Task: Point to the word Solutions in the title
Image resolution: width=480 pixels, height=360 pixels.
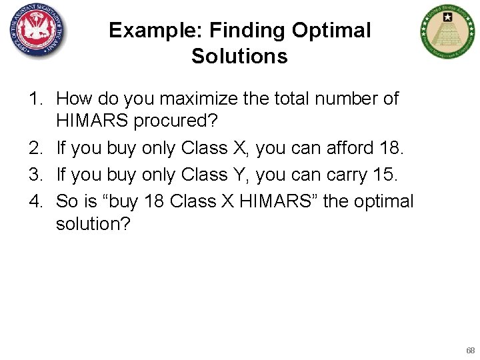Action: [239, 56]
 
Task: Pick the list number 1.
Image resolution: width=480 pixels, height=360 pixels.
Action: [35, 99]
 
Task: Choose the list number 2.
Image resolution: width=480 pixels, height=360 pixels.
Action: [35, 149]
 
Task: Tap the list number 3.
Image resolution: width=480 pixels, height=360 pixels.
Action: [35, 175]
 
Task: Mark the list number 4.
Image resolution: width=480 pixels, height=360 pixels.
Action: [35, 201]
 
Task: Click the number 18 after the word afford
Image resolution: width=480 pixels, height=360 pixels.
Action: [391, 149]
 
